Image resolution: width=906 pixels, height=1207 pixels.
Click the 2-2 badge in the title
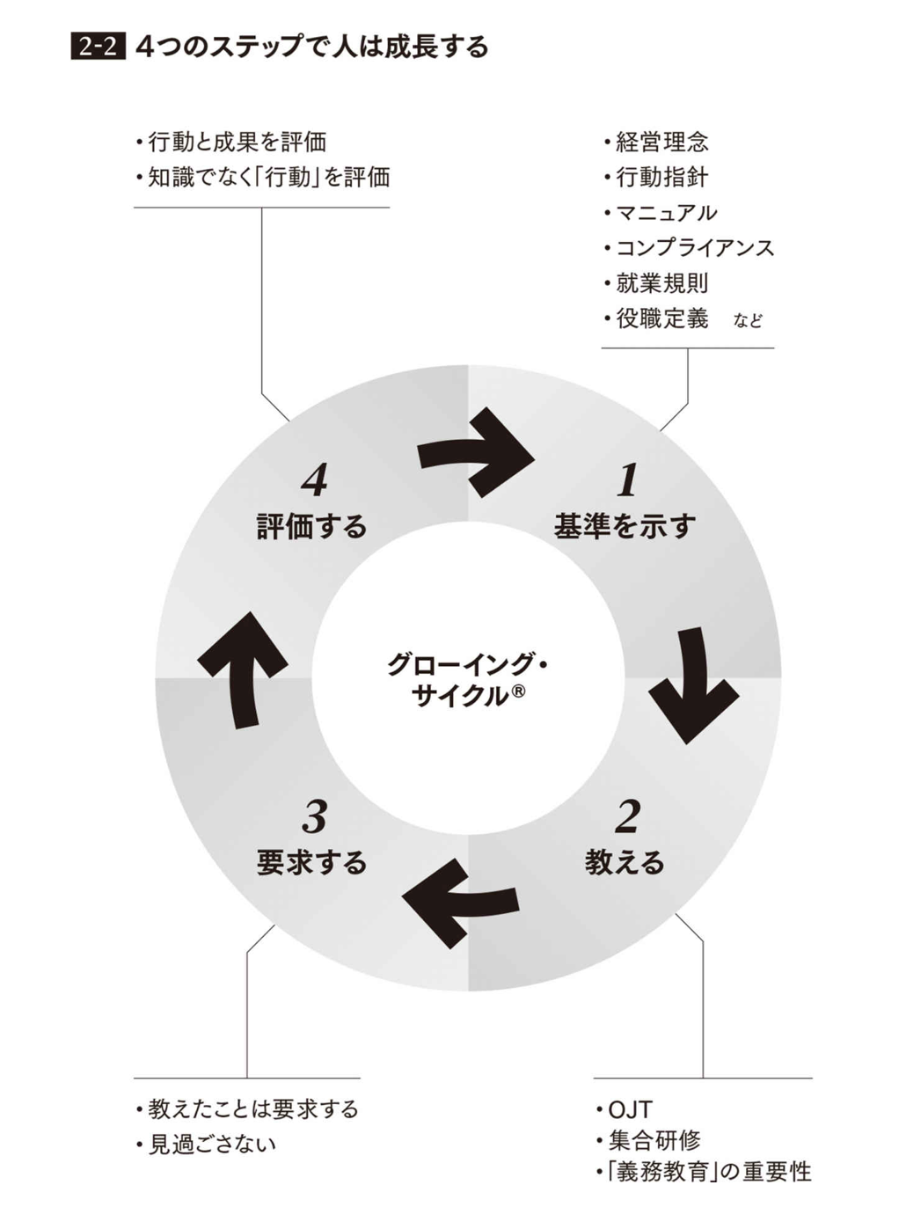(x=98, y=47)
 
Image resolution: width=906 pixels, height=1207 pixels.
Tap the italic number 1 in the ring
(x=627, y=480)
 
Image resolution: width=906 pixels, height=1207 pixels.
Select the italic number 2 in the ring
(x=627, y=817)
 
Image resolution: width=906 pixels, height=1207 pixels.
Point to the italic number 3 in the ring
(x=314, y=817)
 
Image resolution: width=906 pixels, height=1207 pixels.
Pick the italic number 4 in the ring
(x=314, y=480)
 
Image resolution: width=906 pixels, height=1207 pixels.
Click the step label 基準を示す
(x=625, y=526)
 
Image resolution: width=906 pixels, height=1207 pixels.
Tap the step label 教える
(x=625, y=862)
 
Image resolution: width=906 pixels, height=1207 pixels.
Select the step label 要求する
(x=311, y=862)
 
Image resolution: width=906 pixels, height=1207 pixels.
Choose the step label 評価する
(x=311, y=526)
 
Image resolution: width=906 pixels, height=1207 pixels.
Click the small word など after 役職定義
(x=748, y=321)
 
